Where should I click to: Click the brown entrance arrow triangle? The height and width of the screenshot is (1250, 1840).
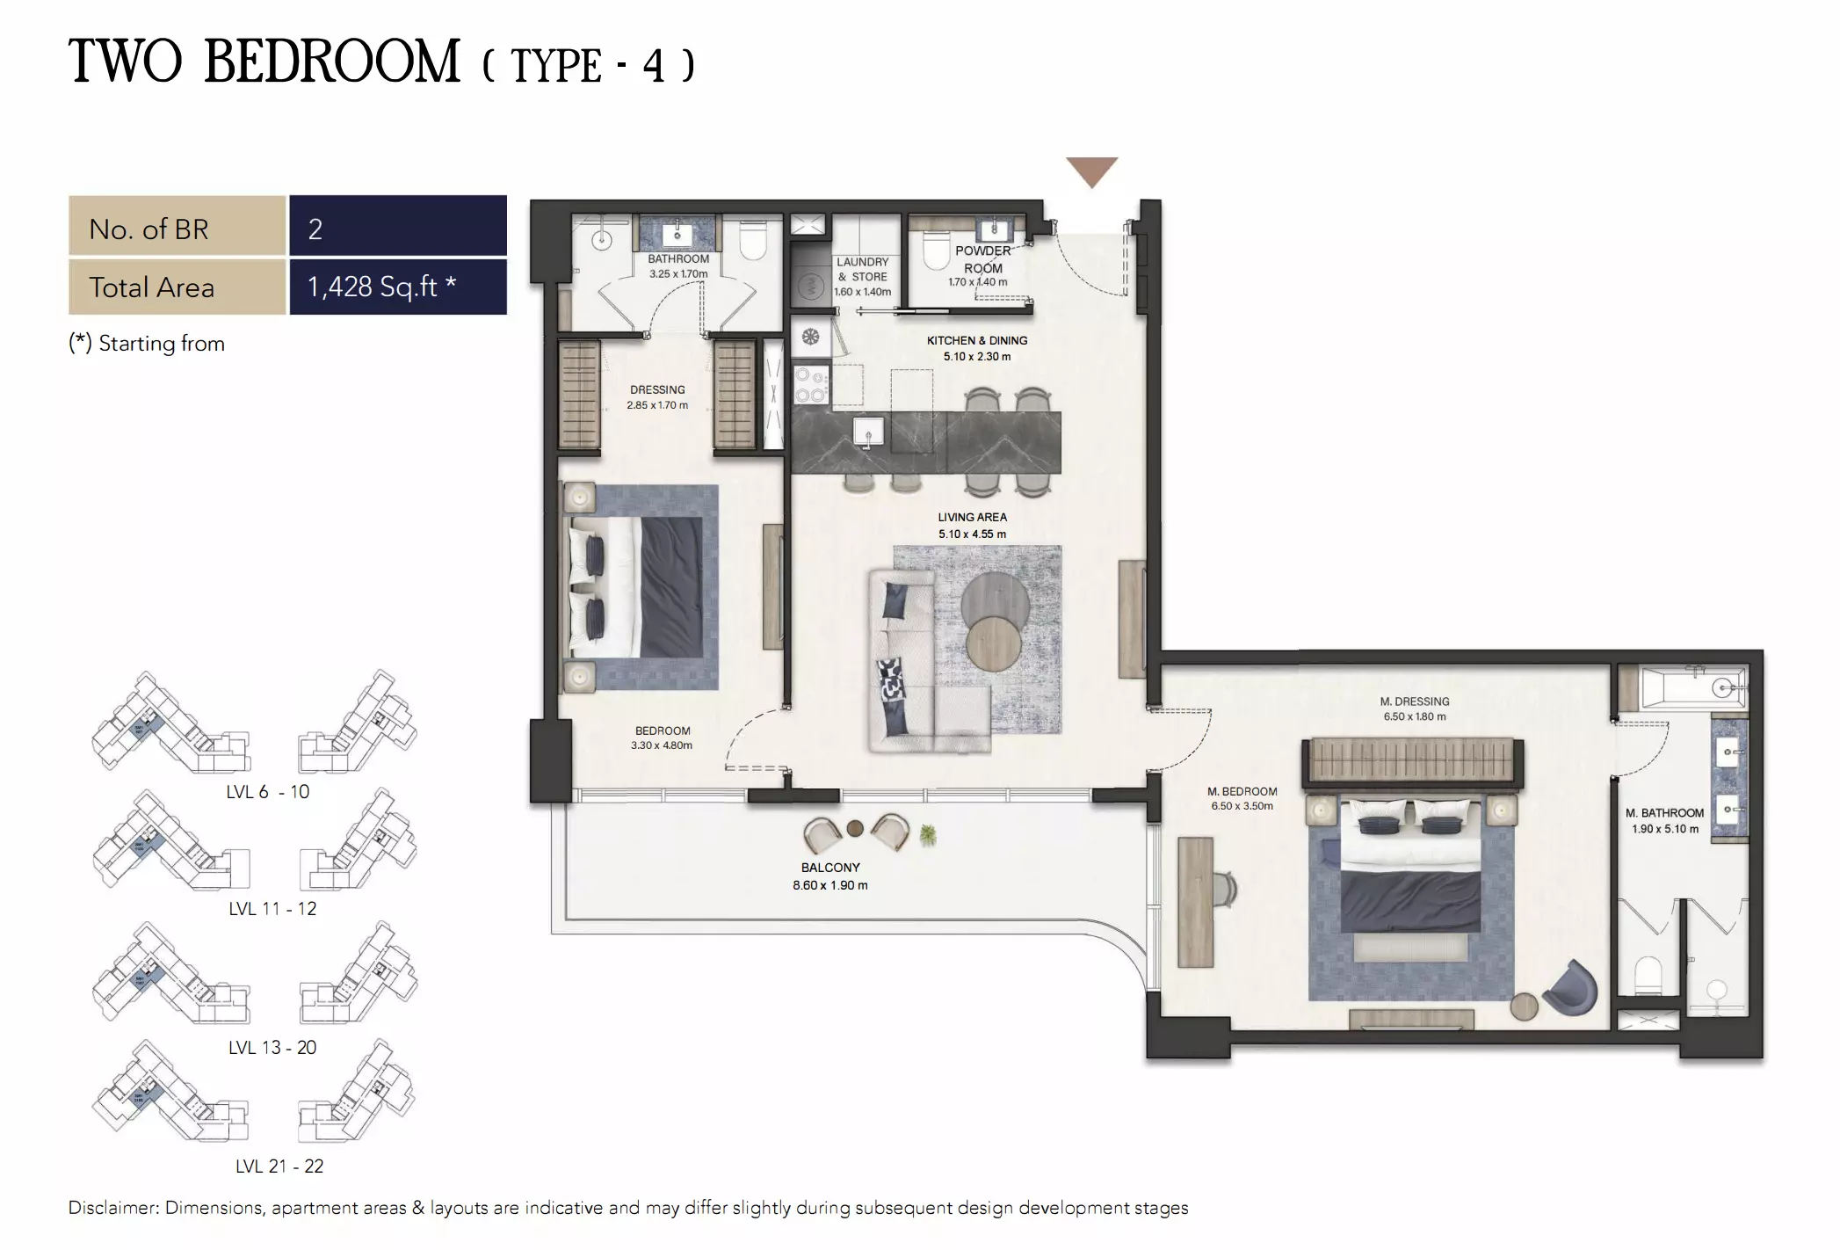1091,170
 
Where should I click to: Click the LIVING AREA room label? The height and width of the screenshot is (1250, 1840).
972,517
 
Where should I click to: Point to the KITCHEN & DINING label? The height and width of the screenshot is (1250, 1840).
976,340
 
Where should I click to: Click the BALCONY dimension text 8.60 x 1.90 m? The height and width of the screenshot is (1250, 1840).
829,885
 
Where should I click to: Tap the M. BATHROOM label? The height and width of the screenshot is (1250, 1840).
1664,813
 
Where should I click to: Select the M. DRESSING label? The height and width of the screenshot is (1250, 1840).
1414,701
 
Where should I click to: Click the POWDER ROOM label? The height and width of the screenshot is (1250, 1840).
982,259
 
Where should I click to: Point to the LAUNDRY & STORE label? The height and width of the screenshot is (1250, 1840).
862,269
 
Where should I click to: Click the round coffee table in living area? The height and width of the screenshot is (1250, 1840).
995,606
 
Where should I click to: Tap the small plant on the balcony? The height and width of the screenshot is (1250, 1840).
927,835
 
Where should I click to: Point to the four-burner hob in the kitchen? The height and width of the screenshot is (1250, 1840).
809,385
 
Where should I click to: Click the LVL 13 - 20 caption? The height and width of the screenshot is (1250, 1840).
272,1047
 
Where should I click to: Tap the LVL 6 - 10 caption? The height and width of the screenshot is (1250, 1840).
267,791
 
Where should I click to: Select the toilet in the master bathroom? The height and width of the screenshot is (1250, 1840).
1648,974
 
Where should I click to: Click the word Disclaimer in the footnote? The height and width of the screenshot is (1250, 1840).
113,1208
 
